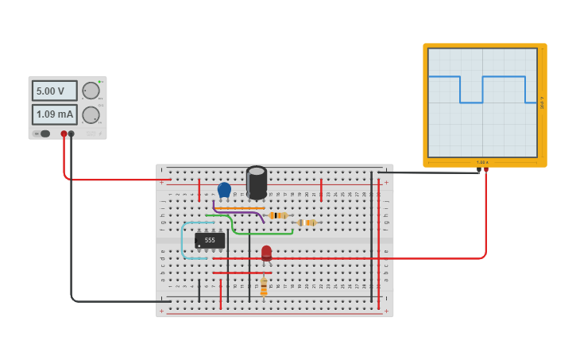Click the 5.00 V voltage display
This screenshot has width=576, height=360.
[54, 91]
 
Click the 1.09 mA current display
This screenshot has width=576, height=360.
[54, 114]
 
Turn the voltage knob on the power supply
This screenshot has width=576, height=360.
[91, 91]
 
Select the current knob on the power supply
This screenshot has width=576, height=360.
[91, 115]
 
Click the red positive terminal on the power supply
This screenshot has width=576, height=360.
[64, 134]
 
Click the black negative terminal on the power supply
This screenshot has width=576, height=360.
[72, 134]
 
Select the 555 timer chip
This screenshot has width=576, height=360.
[210, 240]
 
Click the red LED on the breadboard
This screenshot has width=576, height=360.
[266, 253]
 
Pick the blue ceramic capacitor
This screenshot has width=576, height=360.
[224, 190]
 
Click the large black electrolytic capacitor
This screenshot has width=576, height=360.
[257, 182]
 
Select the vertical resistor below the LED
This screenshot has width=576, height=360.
[264, 286]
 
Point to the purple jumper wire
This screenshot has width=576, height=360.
[238, 211]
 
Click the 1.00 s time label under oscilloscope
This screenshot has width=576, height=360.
[482, 162]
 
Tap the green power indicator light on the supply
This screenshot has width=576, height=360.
[100, 83]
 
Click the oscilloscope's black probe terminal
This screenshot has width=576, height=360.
[478, 171]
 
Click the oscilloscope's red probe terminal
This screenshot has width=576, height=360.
[485, 171]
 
